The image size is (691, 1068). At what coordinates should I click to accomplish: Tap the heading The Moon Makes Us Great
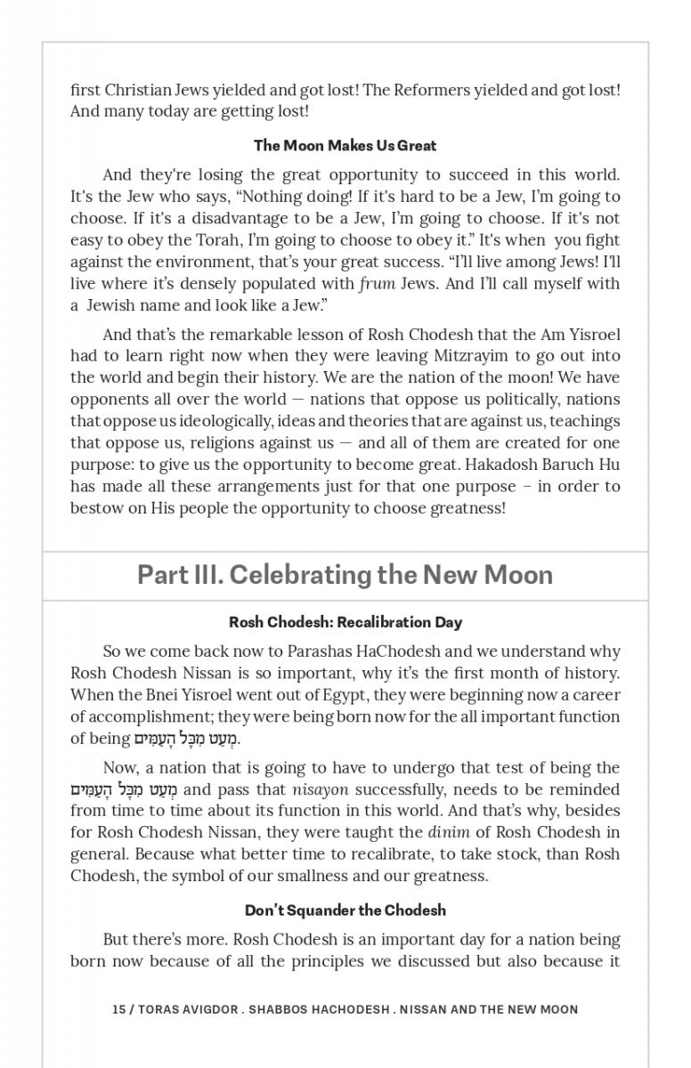tap(345, 145)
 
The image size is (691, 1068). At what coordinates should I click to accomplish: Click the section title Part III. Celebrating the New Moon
tap(345, 575)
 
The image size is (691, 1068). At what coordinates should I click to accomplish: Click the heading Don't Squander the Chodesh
tap(345, 910)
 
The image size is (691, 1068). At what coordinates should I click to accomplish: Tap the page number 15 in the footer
tap(118, 1009)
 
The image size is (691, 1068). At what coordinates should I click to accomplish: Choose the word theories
tap(443, 421)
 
